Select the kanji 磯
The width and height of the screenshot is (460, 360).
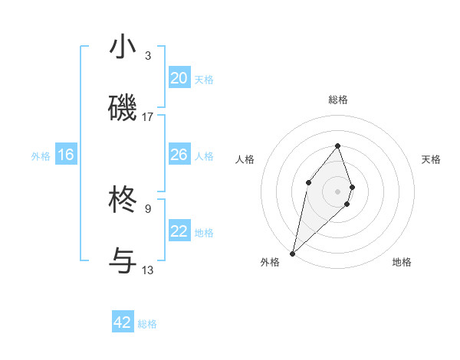pos(123,108)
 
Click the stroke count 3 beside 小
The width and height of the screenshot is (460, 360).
pos(147,56)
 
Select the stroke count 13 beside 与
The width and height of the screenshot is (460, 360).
pos(147,270)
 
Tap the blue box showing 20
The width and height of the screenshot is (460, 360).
pos(179,78)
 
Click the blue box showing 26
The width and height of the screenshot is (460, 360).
pos(179,155)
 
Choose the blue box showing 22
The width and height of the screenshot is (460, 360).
pos(179,231)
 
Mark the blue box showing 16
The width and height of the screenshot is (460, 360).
pos(65,155)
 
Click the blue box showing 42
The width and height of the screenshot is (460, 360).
pos(123,322)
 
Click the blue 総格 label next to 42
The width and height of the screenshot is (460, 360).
pos(147,324)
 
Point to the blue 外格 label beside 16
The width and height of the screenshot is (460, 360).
pos(41,155)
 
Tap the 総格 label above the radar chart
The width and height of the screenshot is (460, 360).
pos(337,100)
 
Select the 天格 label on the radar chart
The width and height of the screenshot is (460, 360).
pos(431,159)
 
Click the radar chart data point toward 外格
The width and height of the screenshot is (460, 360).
pos(292,254)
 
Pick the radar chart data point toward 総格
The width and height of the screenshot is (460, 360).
pos(337,146)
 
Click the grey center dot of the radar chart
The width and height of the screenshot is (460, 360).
pos(337,191)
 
